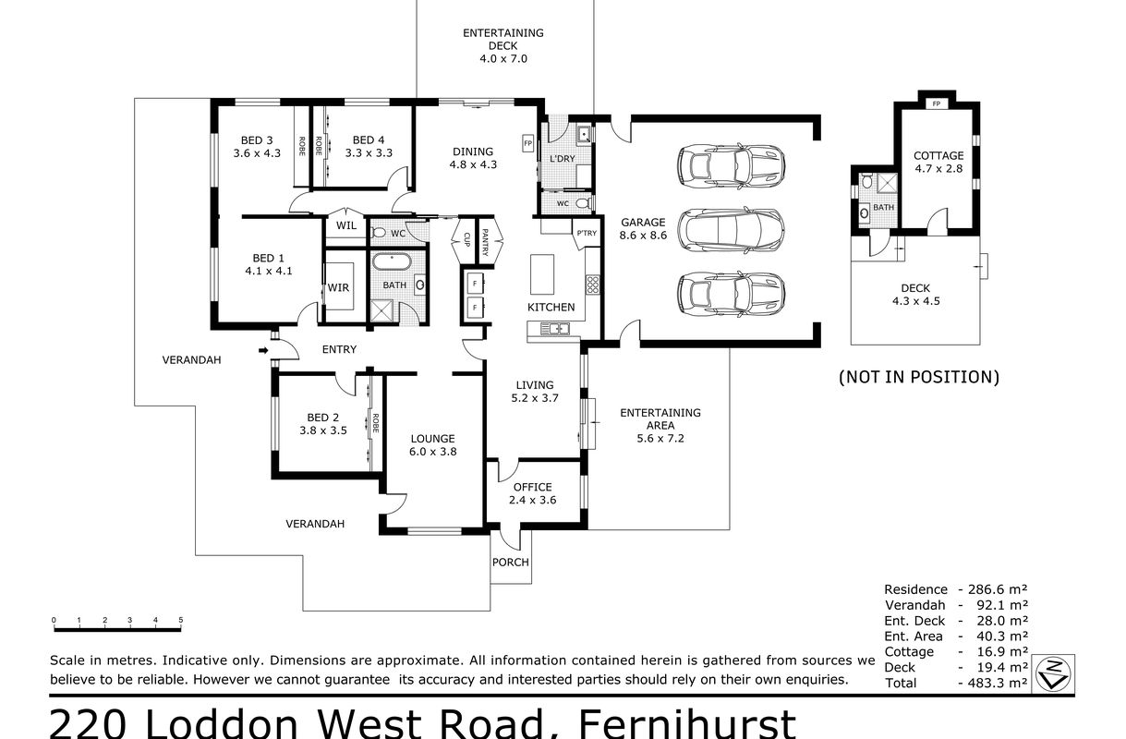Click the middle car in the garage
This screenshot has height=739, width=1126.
pyautogui.click(x=731, y=230)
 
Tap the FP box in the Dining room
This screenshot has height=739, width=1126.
pyautogui.click(x=527, y=143)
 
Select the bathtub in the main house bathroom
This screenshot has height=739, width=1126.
pyautogui.click(x=392, y=262)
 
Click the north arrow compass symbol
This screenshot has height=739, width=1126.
pyautogui.click(x=1053, y=674)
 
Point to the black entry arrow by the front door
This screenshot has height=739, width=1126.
pyautogui.click(x=263, y=350)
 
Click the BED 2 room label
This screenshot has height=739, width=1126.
pyautogui.click(x=322, y=418)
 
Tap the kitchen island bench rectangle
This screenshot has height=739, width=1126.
pyautogui.click(x=542, y=274)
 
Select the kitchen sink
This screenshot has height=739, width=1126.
pyautogui.click(x=554, y=329)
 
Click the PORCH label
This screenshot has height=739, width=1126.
pyautogui.click(x=510, y=562)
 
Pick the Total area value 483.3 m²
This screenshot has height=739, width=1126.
pyautogui.click(x=993, y=683)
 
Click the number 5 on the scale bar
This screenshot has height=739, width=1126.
pyautogui.click(x=180, y=620)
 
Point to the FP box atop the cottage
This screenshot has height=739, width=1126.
pyautogui.click(x=936, y=104)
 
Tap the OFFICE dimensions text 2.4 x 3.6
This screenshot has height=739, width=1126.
pyautogui.click(x=532, y=500)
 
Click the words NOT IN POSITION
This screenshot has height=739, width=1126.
pyautogui.click(x=919, y=377)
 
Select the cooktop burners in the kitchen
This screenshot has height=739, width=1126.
pyautogui.click(x=593, y=285)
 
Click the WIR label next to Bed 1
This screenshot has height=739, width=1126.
pyautogui.click(x=338, y=287)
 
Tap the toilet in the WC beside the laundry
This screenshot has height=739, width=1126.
pyautogui.click(x=584, y=203)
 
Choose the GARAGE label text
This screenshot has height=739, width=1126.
pyautogui.click(x=643, y=223)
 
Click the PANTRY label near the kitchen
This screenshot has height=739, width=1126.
pyautogui.click(x=485, y=242)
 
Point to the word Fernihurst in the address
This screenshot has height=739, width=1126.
pyautogui.click(x=687, y=724)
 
